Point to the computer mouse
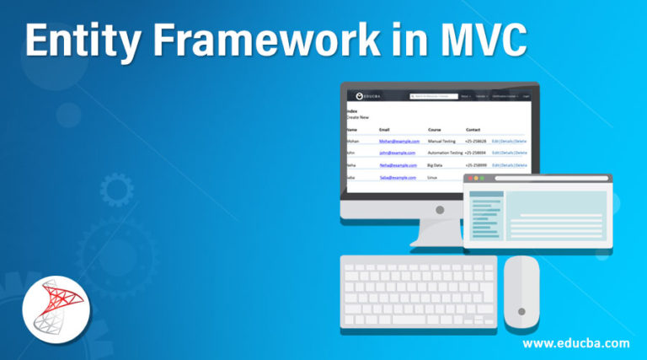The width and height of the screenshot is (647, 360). [521, 292]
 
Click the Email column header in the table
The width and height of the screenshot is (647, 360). [385, 129]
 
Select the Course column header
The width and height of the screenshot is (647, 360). [435, 129]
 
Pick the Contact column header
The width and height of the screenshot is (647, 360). [473, 129]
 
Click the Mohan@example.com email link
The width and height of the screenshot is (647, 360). [398, 141]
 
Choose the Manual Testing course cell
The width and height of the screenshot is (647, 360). [442, 141]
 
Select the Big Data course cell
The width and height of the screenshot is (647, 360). [436, 165]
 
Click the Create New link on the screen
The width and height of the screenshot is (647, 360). [357, 117]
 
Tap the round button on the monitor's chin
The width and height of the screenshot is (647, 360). [439, 208]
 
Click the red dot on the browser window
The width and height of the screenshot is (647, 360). [471, 179]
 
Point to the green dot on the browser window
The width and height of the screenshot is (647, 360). [484, 179]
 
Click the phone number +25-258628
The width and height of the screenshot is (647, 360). [477, 141]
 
